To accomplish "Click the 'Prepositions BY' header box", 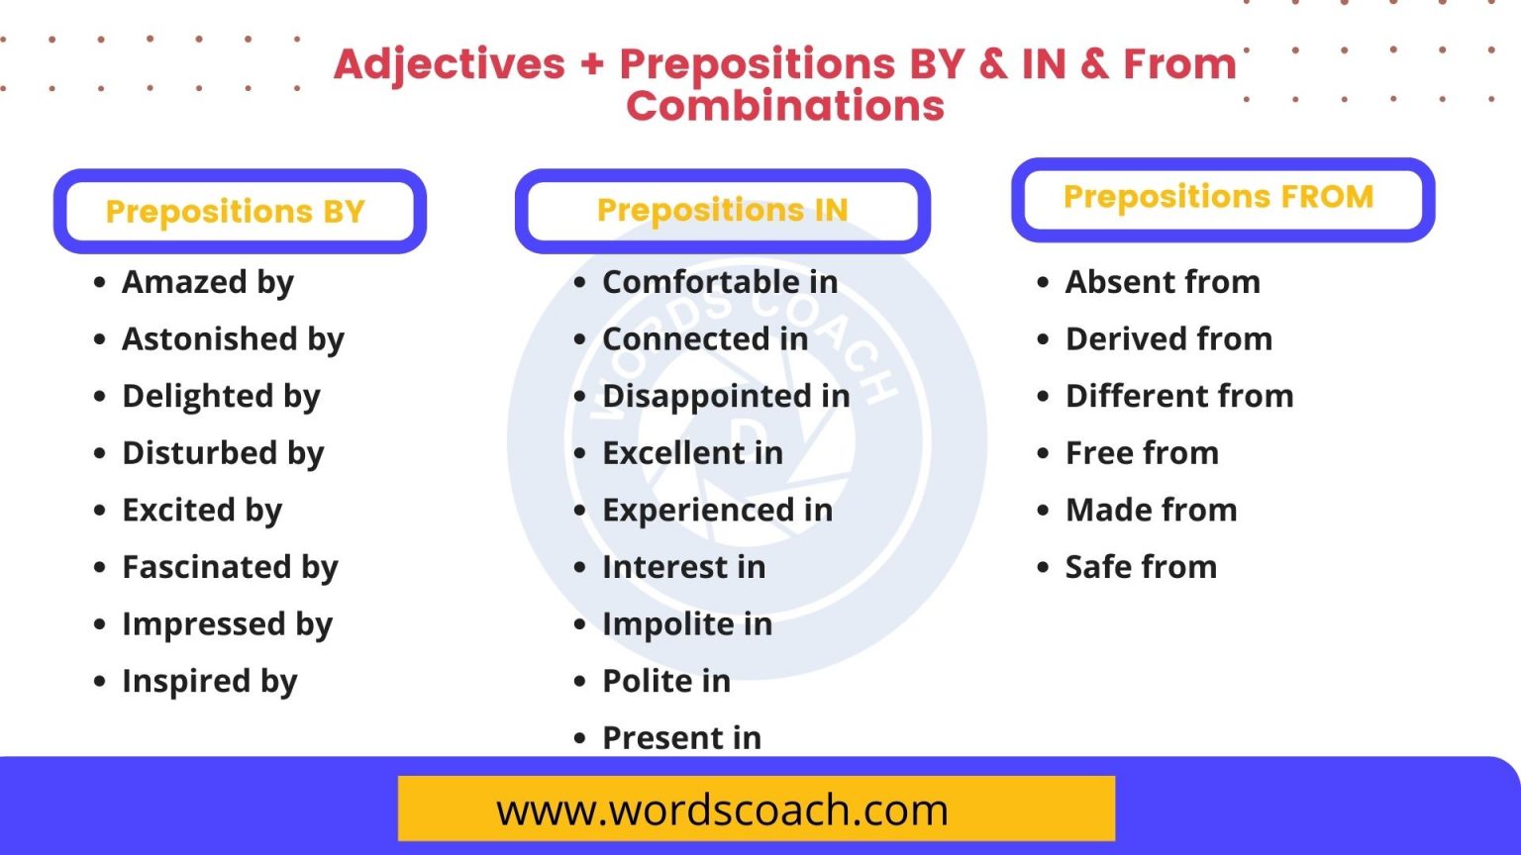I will [x=239, y=211].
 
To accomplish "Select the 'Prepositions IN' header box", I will [x=722, y=210].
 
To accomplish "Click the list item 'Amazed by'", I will [x=208, y=282].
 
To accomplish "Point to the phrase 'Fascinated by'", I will [x=230, y=567].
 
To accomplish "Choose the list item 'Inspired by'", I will [x=209, y=681].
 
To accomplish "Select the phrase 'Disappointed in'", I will [x=726, y=396].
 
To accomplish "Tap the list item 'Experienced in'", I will [x=717, y=510].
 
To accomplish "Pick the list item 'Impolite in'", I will [x=687, y=624].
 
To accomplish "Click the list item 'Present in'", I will [x=681, y=738].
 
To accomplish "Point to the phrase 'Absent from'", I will [x=1163, y=282].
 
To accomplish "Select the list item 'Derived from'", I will [x=1168, y=338].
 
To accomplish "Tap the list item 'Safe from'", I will [x=1141, y=567].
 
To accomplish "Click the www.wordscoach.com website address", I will [x=722, y=810].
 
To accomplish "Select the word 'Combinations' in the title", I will [x=785, y=106].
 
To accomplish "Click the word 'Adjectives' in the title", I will [x=450, y=64].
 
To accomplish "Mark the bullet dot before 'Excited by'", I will [x=99, y=511].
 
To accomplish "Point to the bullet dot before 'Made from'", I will [x=1043, y=511].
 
